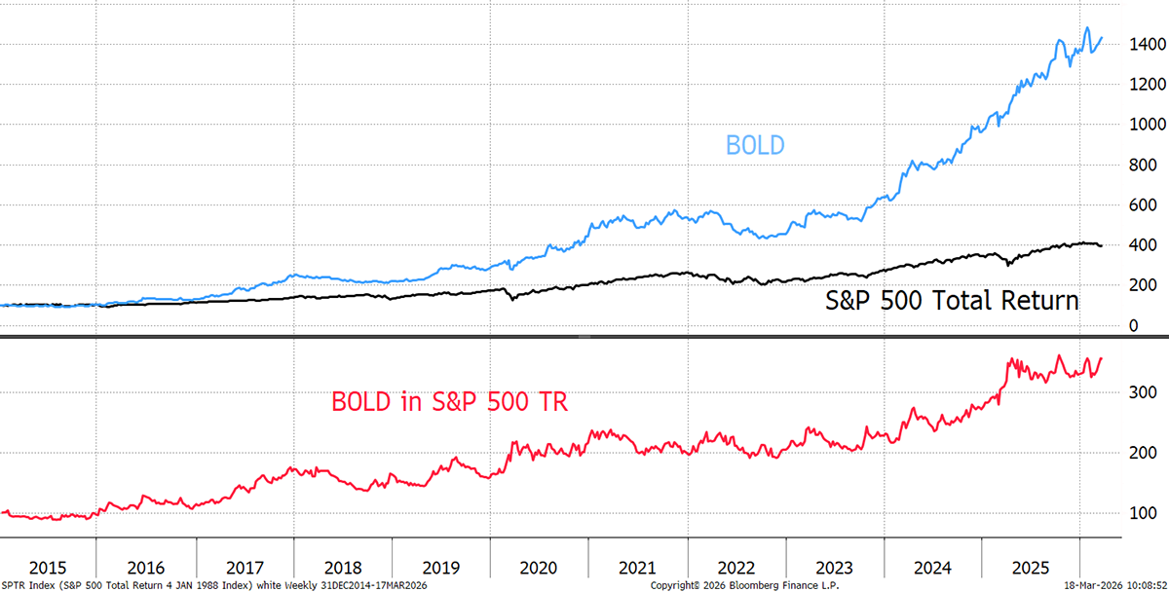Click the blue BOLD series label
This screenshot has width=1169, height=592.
coord(755,146)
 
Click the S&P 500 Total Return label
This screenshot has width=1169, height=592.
coord(953,301)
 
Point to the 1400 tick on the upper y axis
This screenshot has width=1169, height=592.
coord(1139,45)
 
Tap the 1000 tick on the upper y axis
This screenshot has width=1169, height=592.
coord(1139,125)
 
